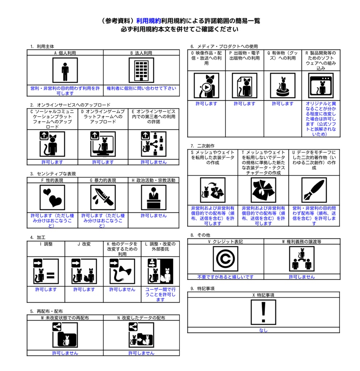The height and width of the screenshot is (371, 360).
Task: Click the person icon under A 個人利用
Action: pos(65,70)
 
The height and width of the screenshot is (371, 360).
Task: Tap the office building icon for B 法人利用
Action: pos(141,70)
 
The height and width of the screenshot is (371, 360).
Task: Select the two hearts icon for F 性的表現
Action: pos(52,197)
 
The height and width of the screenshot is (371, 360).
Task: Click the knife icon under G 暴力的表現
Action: pos(103,197)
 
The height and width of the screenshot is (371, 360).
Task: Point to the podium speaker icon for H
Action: pos(154,197)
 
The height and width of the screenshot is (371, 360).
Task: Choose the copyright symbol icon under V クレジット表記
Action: pos(225,259)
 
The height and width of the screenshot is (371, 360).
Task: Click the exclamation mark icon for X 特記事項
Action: pos(264,312)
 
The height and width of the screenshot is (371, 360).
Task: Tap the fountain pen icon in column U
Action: pos(314,190)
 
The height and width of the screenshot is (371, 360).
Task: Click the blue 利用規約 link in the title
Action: pos(149,21)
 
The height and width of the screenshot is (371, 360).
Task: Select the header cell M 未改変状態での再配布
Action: pos(65,318)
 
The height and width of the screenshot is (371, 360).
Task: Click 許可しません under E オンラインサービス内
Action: pos(154,162)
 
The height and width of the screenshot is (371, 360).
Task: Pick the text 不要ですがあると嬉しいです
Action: pos(225,277)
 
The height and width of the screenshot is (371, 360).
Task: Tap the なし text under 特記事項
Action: pos(264,330)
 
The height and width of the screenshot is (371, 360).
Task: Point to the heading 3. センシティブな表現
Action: pos(53,174)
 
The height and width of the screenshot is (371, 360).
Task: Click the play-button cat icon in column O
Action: pos(206,86)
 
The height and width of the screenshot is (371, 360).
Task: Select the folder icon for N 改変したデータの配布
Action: pos(141,335)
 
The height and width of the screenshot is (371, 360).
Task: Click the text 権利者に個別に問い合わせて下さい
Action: pos(141,88)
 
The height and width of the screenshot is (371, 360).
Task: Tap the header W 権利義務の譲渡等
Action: pos(302,242)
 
